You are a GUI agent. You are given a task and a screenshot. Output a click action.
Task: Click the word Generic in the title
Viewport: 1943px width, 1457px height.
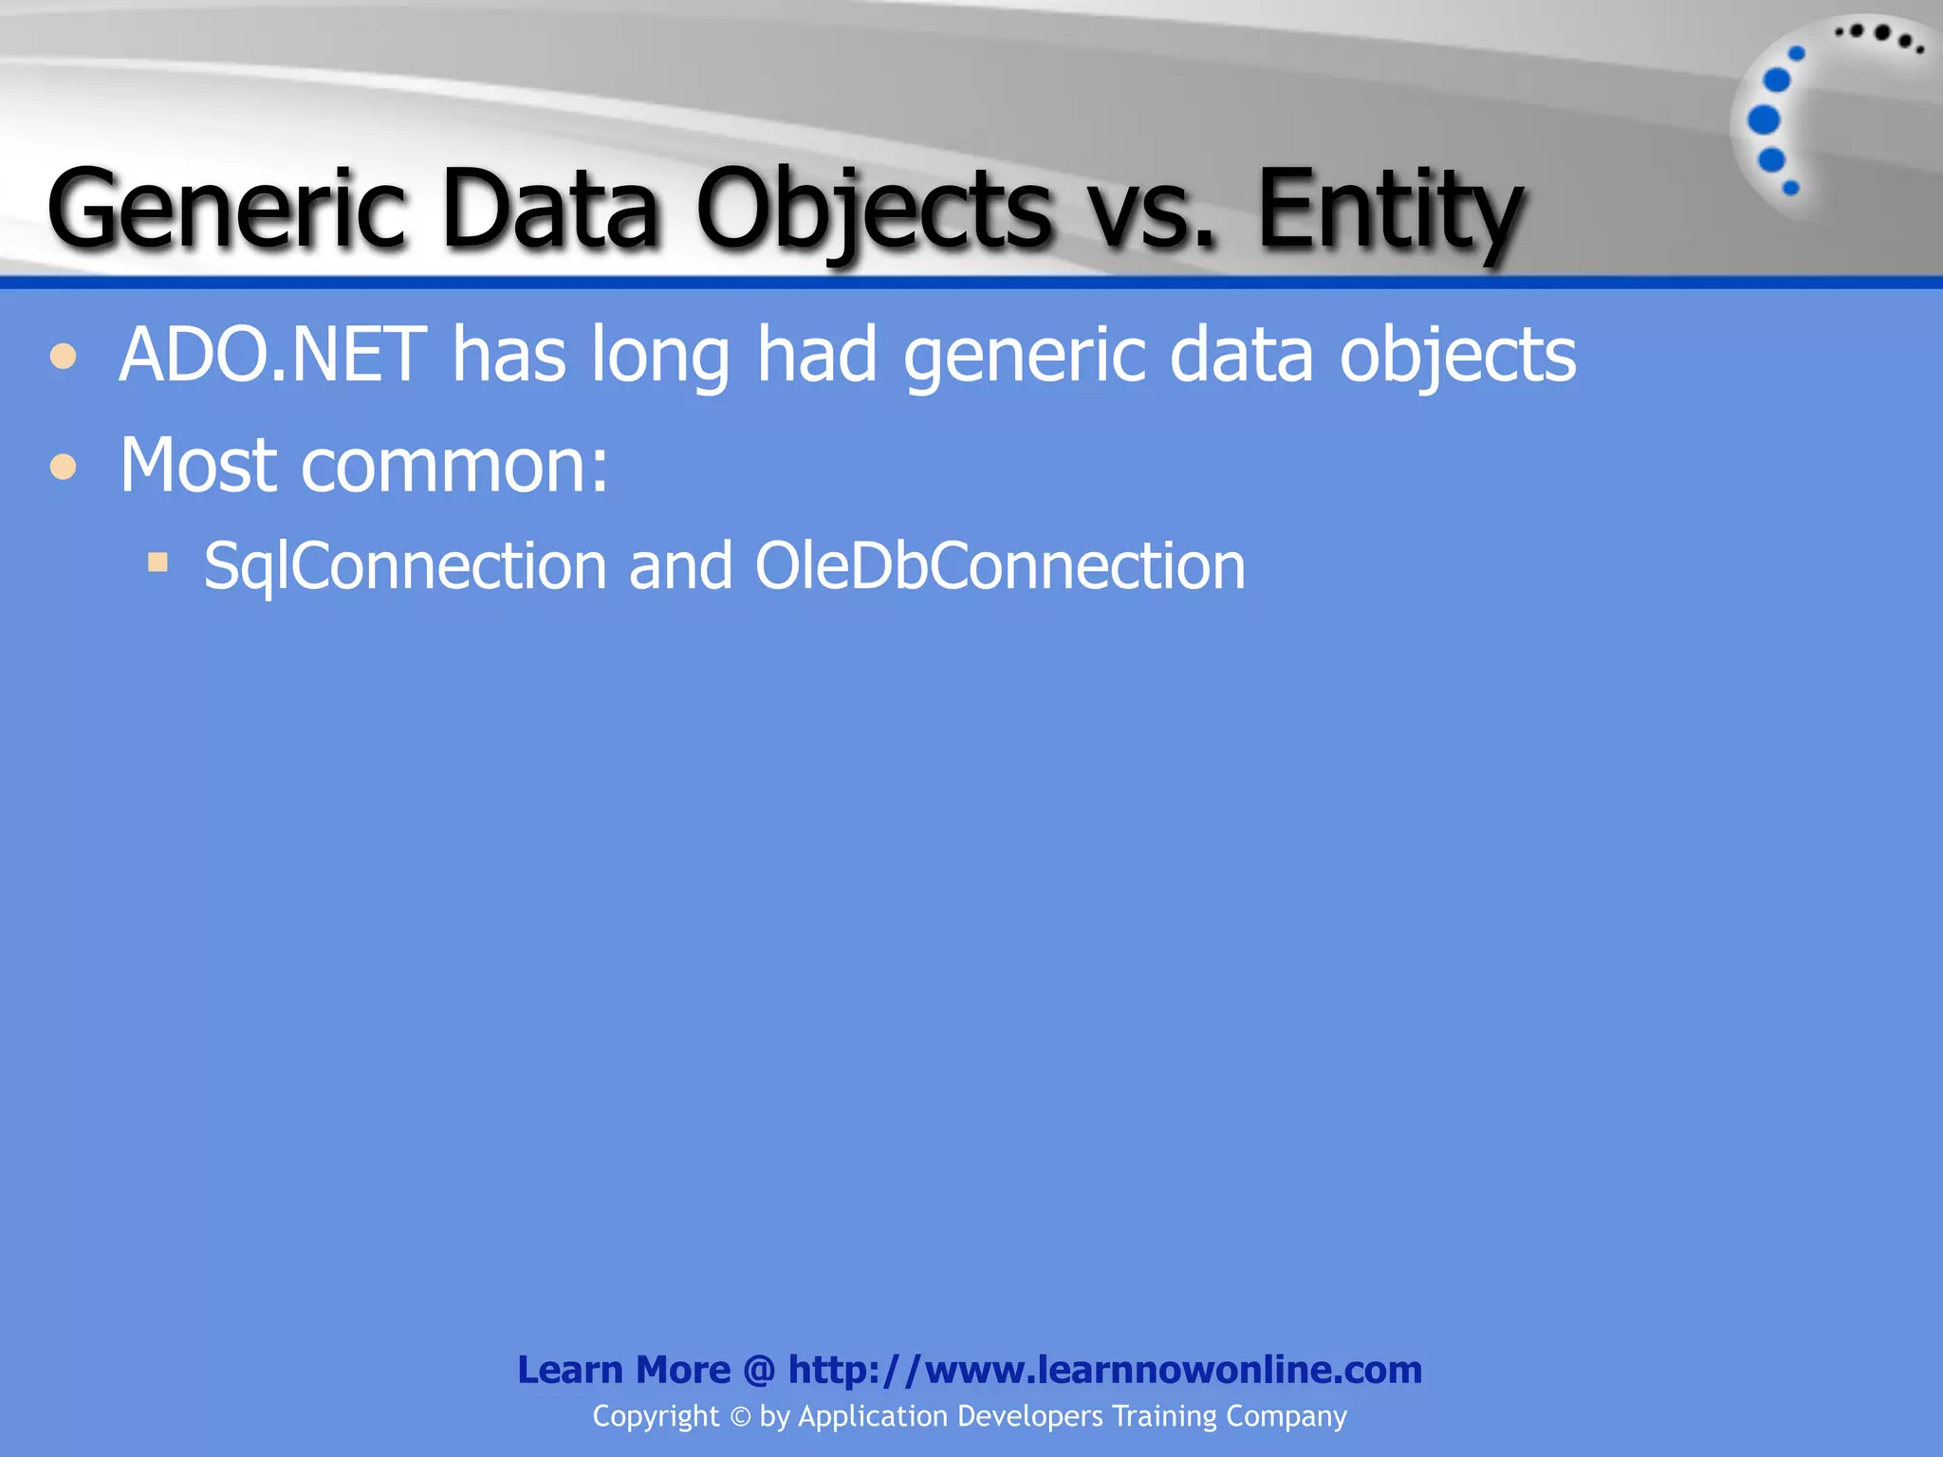click(227, 209)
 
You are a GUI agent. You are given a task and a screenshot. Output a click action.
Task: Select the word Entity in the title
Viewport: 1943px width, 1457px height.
click(1390, 209)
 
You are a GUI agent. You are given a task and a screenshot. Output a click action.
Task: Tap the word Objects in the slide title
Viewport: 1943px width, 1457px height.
click(874, 209)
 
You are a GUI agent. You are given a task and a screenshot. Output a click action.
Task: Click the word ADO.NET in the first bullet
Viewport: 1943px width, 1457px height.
click(273, 355)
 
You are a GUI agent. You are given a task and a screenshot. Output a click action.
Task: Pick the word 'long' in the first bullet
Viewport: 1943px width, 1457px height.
click(660, 355)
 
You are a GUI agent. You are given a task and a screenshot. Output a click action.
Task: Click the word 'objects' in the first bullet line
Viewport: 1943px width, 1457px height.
click(1457, 355)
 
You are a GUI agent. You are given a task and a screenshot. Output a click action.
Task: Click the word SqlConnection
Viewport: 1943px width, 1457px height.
click(404, 566)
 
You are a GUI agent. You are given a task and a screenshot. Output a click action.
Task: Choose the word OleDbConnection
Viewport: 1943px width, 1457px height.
click(999, 566)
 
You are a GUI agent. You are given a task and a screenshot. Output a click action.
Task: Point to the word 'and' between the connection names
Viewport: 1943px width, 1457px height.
click(680, 566)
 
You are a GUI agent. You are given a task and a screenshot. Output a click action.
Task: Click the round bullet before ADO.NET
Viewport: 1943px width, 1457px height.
click(64, 357)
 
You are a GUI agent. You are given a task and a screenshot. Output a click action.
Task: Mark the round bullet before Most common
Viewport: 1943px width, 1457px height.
click(64, 467)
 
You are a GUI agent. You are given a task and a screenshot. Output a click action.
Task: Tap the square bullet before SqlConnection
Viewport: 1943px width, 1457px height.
click(157, 563)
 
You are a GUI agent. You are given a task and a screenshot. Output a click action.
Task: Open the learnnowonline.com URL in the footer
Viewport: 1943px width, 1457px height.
click(1104, 1370)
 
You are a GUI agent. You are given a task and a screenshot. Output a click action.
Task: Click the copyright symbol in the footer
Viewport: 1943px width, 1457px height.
click(740, 1417)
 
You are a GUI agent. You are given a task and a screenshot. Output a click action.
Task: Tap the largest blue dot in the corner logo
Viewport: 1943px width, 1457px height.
click(1764, 120)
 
